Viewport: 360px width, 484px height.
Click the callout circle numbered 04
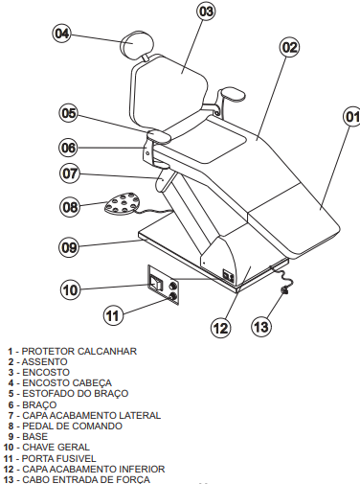tap(62, 34)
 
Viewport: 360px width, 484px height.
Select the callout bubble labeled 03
tap(206, 12)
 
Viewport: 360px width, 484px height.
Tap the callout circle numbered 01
tap(351, 117)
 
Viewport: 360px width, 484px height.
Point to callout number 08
tap(69, 207)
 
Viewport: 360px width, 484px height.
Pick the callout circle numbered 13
tap(261, 327)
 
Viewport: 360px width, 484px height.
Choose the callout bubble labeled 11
tap(113, 315)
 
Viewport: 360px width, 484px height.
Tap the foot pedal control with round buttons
tap(123, 203)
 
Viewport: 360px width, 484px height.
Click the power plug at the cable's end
tap(284, 290)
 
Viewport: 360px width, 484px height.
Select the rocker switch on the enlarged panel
tap(155, 283)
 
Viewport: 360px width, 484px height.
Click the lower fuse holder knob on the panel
tap(173, 296)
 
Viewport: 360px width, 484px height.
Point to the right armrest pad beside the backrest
tap(234, 94)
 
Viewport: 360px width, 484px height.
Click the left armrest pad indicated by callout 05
tap(159, 136)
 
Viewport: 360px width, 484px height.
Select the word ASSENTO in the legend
tap(44, 361)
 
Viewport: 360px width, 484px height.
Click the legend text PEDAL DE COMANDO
tap(72, 426)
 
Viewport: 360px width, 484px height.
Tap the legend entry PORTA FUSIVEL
tap(58, 458)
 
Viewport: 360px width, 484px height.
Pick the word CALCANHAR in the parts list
tap(107, 351)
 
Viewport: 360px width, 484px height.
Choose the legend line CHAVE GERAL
tap(56, 447)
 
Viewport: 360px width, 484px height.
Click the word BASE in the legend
tap(34, 436)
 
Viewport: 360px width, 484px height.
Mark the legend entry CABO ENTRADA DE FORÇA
tap(86, 479)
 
